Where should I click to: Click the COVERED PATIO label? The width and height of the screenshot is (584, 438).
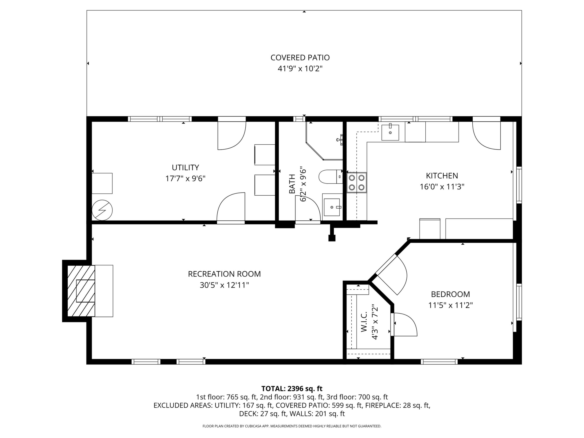[300, 58]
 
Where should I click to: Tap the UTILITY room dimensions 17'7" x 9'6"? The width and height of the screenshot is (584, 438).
[185, 179]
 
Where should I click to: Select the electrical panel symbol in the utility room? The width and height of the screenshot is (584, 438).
[102, 210]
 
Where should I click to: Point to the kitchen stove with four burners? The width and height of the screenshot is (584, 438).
[357, 182]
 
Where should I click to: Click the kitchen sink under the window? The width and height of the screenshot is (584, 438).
[390, 132]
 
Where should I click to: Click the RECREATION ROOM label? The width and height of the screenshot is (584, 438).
[224, 274]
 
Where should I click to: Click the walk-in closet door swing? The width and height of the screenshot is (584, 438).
[404, 325]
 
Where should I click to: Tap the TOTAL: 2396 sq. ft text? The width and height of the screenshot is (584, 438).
[292, 389]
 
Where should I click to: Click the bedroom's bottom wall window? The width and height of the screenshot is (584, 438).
[439, 361]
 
